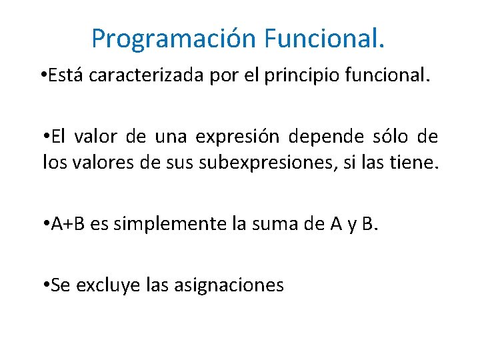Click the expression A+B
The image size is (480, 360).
[69, 224]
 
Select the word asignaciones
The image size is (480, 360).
[229, 285]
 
